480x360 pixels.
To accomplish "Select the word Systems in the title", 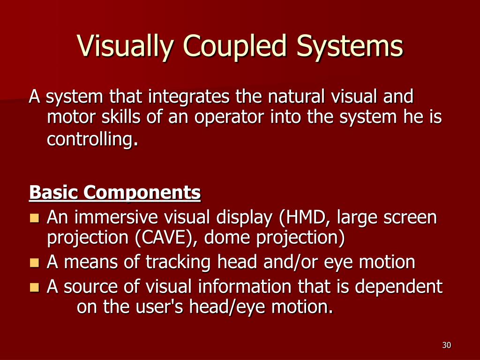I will pos(349,46).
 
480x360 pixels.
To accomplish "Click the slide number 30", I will pos(446,345).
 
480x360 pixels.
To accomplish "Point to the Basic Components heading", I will pos(115,192).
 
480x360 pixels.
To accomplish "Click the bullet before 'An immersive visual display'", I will pos(34,218).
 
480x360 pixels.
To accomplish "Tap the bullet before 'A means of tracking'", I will pos(34,262).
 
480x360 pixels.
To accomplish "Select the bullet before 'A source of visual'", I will pos(34,287).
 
